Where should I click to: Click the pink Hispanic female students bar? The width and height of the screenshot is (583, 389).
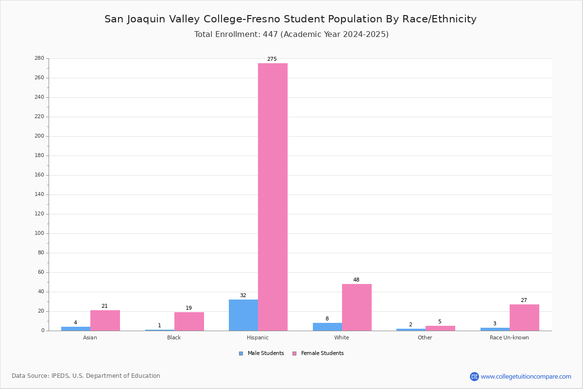tap(273, 197)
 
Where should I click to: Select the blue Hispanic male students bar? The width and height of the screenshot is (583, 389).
tap(243, 315)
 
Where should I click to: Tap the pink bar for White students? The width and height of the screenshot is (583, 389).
tap(357, 307)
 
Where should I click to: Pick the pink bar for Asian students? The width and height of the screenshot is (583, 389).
tap(105, 320)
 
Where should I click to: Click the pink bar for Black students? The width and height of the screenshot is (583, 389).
tap(189, 321)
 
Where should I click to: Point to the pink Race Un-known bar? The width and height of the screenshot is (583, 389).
tap(524, 318)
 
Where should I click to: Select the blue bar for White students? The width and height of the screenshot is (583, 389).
tap(327, 327)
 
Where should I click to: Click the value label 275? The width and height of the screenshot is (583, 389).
tap(272, 59)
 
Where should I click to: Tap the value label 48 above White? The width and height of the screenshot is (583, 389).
tap(356, 280)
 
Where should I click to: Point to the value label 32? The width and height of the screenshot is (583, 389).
tap(243, 296)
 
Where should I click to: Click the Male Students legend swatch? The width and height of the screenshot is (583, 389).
tap(241, 354)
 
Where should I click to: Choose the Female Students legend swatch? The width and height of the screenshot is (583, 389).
tap(294, 354)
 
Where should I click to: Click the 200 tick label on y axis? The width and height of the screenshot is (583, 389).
tap(39, 136)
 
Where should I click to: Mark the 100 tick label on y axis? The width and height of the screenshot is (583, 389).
tap(39, 233)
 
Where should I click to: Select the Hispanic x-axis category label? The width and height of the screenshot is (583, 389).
tap(257, 337)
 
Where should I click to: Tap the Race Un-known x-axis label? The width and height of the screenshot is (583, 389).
tap(509, 337)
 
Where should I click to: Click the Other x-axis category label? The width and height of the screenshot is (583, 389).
tap(425, 337)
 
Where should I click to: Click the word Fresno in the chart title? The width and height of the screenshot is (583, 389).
tap(263, 19)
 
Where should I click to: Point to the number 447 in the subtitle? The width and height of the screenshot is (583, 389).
tap(271, 35)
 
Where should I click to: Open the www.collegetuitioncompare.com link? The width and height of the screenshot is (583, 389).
tap(526, 376)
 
